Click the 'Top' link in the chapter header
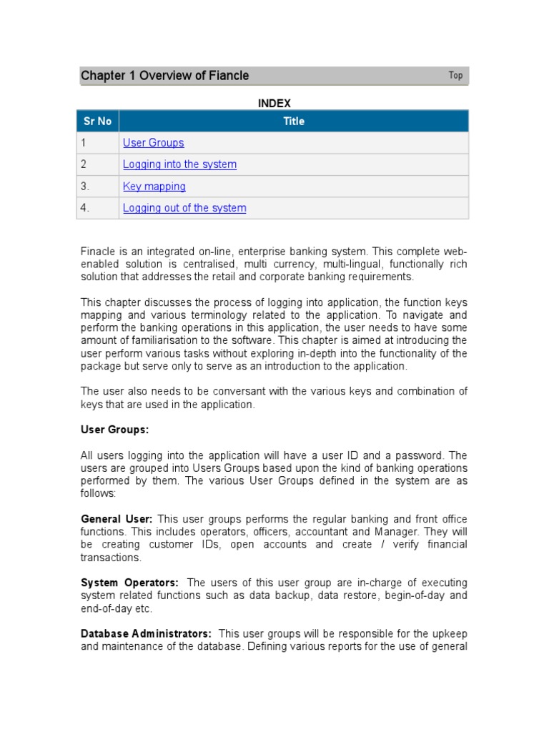click(x=455, y=75)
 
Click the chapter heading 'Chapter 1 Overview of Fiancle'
click(x=165, y=76)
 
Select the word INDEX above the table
click(x=274, y=103)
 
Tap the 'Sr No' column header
click(x=97, y=121)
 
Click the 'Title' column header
click(x=294, y=121)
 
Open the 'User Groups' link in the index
click(x=153, y=143)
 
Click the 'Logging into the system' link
click(x=179, y=164)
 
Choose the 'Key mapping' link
click(x=154, y=187)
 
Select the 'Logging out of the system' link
click(x=184, y=208)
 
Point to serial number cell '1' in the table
click(x=84, y=143)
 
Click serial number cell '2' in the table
click(x=84, y=164)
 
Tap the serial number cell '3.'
click(x=85, y=187)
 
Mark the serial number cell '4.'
click(x=85, y=208)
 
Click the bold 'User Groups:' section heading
click(x=114, y=430)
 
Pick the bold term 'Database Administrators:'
click(x=146, y=634)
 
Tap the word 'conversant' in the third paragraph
click(x=213, y=391)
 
